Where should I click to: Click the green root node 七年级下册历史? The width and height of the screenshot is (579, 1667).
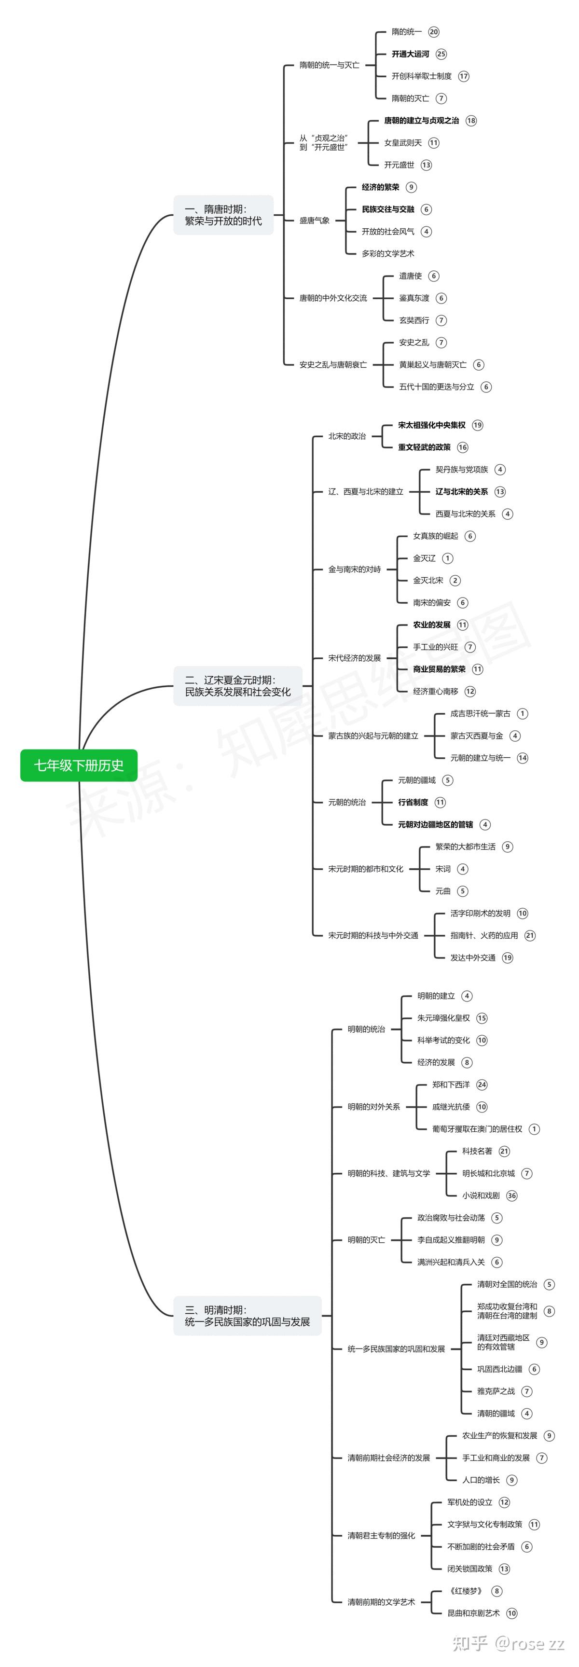click(x=79, y=765)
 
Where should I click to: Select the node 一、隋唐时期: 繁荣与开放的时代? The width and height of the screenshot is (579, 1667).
click(x=223, y=215)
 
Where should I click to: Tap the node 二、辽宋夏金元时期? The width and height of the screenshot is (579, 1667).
click(x=237, y=686)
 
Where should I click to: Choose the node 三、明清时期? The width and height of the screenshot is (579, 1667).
click(x=247, y=1316)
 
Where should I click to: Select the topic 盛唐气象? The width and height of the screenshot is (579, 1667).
click(x=315, y=221)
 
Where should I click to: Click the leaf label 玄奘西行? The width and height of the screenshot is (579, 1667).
click(x=414, y=320)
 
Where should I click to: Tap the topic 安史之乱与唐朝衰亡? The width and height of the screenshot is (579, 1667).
click(x=332, y=365)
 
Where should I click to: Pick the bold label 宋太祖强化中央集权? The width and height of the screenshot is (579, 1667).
click(x=431, y=425)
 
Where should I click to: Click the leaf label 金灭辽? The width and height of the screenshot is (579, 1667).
click(x=425, y=558)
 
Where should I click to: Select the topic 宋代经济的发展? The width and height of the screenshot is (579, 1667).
click(x=355, y=658)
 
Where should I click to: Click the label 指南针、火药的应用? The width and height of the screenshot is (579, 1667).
click(x=484, y=936)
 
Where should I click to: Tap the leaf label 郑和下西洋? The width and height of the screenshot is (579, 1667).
click(x=451, y=1084)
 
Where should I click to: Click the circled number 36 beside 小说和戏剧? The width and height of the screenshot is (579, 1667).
click(x=512, y=1195)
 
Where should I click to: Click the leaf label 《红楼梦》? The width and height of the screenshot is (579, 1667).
click(x=466, y=1591)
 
